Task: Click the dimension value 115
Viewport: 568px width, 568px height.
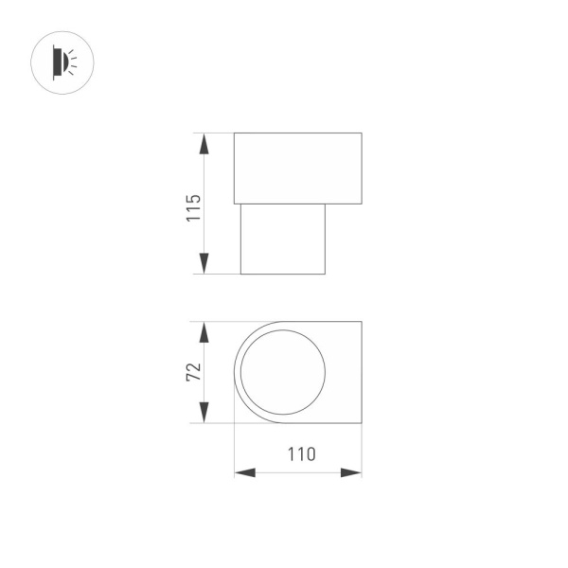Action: [194, 207]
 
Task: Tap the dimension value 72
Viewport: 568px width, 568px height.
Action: [194, 371]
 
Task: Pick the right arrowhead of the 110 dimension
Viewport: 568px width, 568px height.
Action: [351, 471]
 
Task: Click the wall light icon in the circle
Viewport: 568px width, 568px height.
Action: [62, 63]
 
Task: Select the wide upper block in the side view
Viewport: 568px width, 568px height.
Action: [298, 169]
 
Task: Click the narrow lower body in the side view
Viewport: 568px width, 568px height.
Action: [283, 239]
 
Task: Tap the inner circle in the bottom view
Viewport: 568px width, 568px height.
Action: [283, 372]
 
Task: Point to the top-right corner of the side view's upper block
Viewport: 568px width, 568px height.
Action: [362, 133]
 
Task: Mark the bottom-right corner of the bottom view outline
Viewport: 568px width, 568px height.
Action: [362, 423]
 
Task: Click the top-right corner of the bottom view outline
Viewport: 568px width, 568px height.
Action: [362, 322]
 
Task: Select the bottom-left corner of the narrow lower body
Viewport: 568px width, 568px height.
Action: [240, 274]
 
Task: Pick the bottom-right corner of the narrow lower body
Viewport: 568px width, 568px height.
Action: [326, 274]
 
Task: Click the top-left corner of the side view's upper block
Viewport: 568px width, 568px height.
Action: [234, 133]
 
